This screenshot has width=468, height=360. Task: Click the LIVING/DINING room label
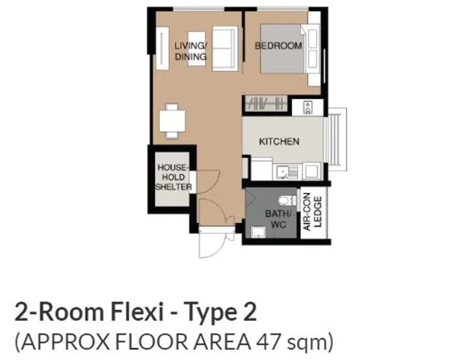point(190,51)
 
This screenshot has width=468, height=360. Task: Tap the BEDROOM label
point(278,45)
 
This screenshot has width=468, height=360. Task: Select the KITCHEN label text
point(279,141)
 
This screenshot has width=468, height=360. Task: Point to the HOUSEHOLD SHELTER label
point(173,177)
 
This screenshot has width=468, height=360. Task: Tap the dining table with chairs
point(173,121)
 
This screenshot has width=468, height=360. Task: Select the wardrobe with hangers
point(266,103)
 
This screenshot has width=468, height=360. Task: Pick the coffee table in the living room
point(196,40)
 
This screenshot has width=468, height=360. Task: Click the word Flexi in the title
point(125,313)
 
